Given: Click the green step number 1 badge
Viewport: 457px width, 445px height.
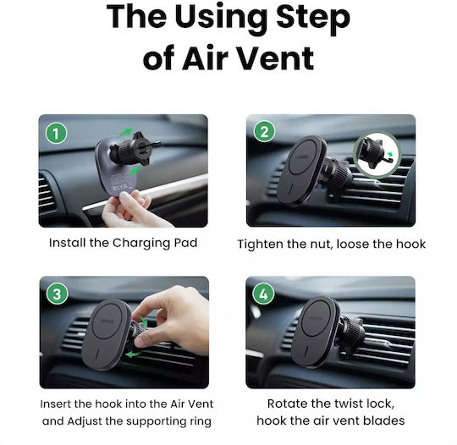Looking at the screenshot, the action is (x=56, y=134).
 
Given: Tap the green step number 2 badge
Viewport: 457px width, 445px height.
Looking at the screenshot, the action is (x=264, y=132).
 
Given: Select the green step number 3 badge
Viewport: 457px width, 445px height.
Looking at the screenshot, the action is (x=58, y=294).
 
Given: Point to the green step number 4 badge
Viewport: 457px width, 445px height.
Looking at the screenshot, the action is (x=263, y=294).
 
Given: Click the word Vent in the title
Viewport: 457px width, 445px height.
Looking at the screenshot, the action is (x=277, y=58).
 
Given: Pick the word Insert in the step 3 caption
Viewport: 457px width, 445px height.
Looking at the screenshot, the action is (x=55, y=404).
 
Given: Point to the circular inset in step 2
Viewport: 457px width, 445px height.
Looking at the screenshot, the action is (x=377, y=155).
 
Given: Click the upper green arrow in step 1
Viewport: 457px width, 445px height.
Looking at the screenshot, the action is (x=125, y=132).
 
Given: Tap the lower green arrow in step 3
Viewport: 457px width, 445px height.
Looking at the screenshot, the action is (x=134, y=354).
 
